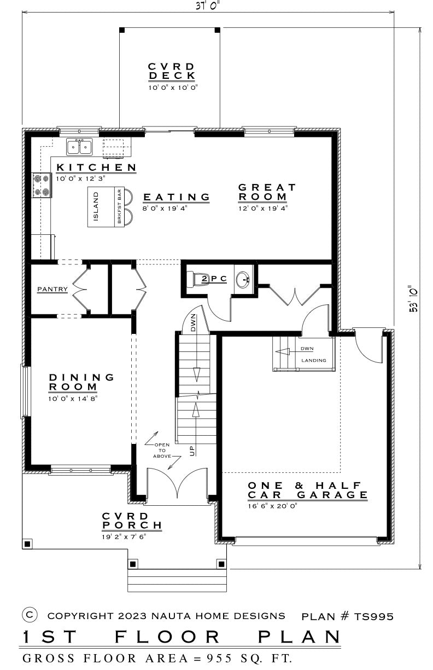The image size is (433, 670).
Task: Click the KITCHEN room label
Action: click(x=96, y=168)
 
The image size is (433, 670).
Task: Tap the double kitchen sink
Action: click(x=79, y=147)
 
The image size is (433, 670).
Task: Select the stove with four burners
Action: click(x=42, y=185)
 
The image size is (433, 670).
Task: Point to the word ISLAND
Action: click(x=96, y=207)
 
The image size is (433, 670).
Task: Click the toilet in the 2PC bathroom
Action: click(x=198, y=279)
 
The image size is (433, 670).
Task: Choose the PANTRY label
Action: click(x=52, y=289)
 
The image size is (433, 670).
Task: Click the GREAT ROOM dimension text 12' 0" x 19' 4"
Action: click(x=262, y=208)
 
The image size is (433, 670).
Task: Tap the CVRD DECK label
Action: click(x=172, y=71)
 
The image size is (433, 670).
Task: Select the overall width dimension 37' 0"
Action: click(x=208, y=5)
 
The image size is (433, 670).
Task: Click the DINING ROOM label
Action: click(x=81, y=382)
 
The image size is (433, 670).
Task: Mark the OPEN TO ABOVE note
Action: click(x=162, y=450)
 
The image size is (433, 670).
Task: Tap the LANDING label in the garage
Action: click(x=313, y=360)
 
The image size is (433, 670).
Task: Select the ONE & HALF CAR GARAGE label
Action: click(x=307, y=490)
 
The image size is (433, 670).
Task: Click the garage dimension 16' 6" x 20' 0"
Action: click(x=272, y=506)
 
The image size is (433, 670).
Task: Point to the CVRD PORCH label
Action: click(x=132, y=521)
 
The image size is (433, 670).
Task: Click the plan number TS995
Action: click(x=373, y=616)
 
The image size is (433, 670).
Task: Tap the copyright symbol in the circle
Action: click(x=30, y=615)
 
